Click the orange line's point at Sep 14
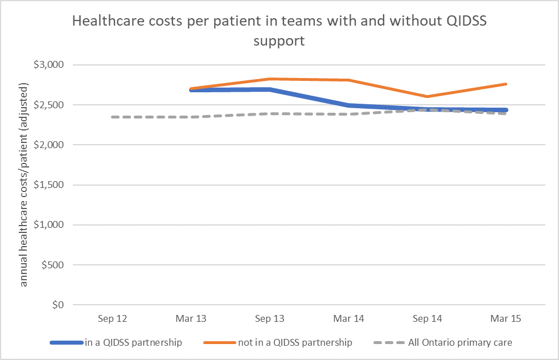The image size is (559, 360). tap(427, 96)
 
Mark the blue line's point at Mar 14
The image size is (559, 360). tap(348, 105)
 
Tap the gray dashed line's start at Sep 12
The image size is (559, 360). tap(113, 117)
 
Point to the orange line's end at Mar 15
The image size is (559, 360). tap(505, 84)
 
